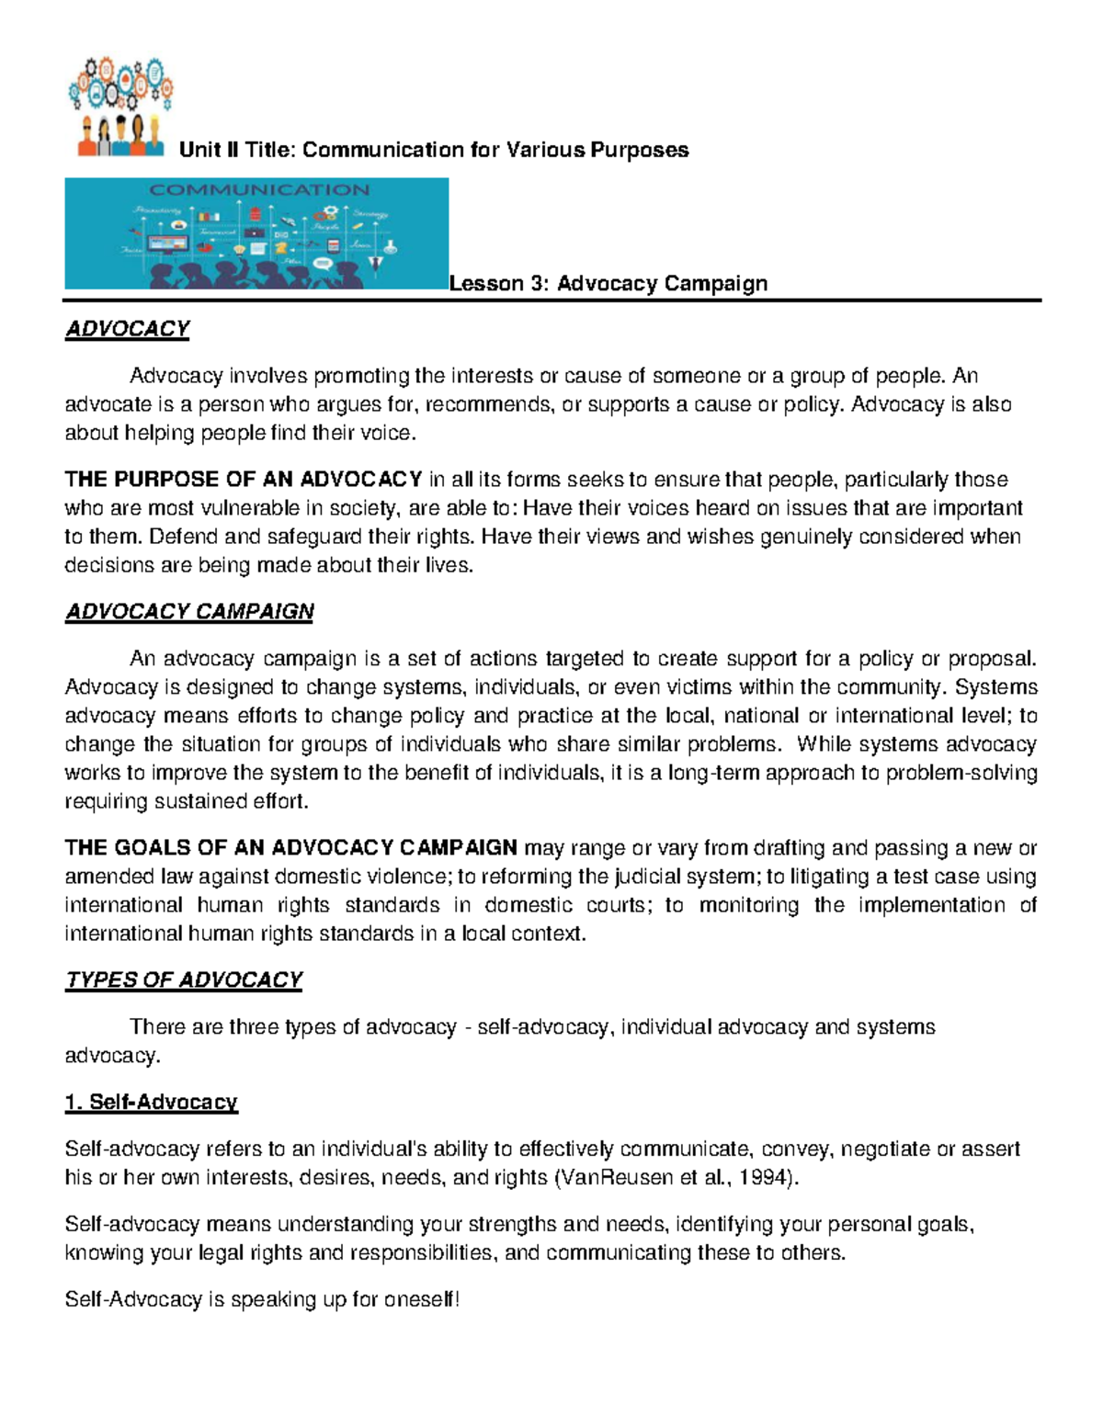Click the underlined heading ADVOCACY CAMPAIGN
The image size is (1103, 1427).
click(x=189, y=612)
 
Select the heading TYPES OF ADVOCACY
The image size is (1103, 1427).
click(x=184, y=980)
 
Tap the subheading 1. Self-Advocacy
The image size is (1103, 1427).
click(x=152, y=1103)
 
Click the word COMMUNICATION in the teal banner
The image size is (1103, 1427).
click(x=259, y=190)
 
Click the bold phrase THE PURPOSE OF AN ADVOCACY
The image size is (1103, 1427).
click(x=243, y=480)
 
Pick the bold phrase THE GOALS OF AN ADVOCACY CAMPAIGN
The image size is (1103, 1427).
click(x=290, y=848)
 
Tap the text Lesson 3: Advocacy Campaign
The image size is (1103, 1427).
click(x=608, y=284)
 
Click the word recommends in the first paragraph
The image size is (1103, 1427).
click(x=487, y=404)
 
